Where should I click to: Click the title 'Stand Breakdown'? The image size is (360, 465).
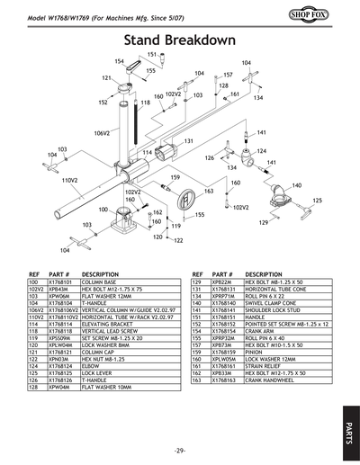point(180,40)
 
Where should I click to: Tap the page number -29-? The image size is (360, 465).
point(180,450)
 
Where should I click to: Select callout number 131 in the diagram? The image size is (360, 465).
point(189,141)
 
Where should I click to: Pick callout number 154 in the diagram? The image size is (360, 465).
point(119,60)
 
